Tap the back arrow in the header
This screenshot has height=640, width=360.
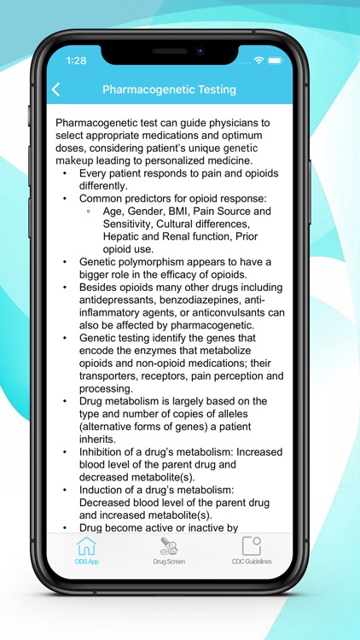point(56,90)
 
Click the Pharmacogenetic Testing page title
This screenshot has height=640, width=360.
point(169,90)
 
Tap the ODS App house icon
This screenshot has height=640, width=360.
point(87,546)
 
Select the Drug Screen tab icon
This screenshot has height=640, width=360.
point(169,546)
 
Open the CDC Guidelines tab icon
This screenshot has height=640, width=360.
point(251,546)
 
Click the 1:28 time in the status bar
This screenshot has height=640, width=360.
point(76,61)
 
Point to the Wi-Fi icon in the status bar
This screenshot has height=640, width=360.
point(258,61)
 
